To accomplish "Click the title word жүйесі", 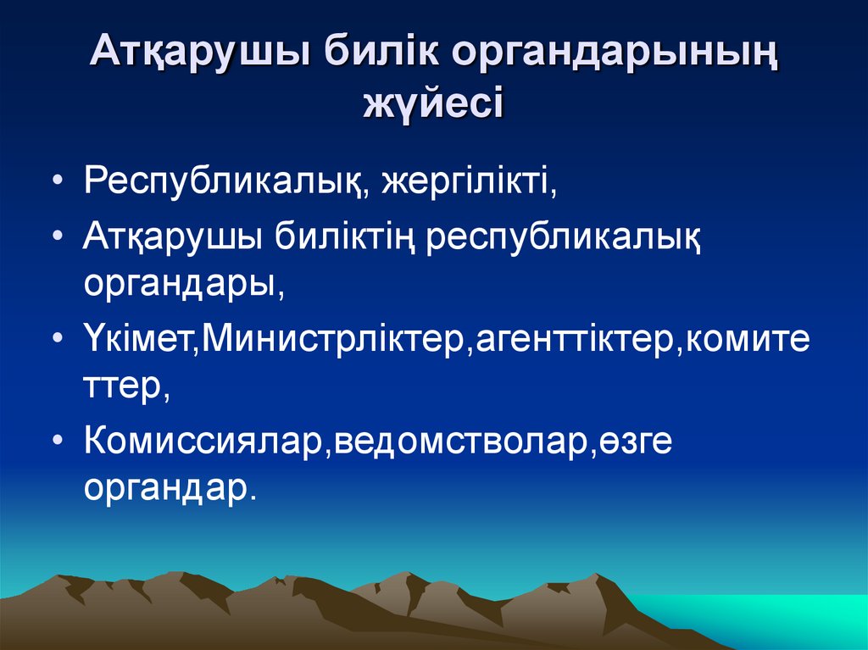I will (x=433, y=105).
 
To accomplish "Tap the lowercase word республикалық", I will (x=564, y=237).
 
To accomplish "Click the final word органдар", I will (x=169, y=490).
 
